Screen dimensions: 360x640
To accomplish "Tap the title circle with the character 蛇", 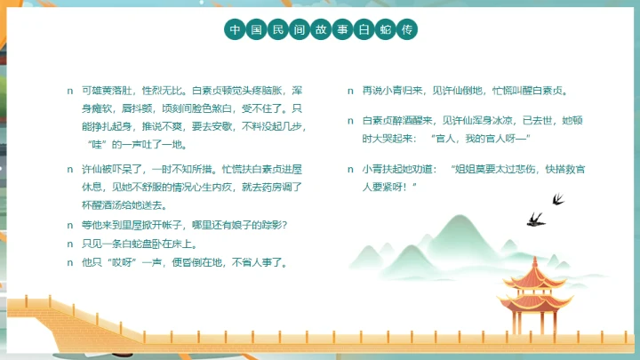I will pyautogui.click(x=387, y=30).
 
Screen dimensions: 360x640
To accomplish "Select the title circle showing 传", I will pyautogui.click(x=408, y=30).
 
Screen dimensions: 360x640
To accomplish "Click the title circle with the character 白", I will pyautogui.click(x=364, y=30).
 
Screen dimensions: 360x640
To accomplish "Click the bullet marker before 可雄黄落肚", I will pyautogui.click(x=70, y=91).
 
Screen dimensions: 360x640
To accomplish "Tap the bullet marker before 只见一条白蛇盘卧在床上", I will pyautogui.click(x=70, y=243).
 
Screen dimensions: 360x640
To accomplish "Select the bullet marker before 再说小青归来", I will pyautogui.click(x=351, y=91).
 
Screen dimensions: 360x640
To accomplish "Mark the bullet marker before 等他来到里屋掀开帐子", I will pyautogui.click(x=70, y=224).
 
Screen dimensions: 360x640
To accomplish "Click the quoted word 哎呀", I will pyautogui.click(x=119, y=262).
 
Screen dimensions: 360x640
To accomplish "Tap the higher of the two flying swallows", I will pyautogui.click(x=556, y=198).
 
